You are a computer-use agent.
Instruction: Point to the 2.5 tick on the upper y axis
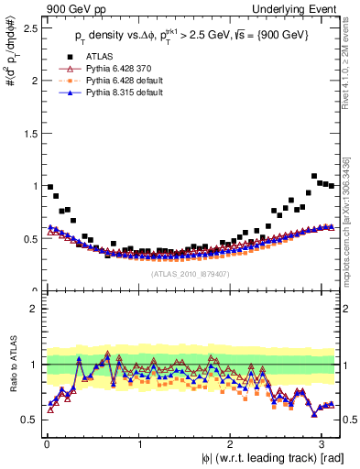[x=31, y=27]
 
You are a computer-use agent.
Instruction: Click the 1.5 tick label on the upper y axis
[x=31, y=133]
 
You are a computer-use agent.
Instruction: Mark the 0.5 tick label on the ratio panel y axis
[x=31, y=420]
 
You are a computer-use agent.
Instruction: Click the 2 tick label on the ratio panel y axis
[x=36, y=309]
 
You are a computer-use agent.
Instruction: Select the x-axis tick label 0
[x=46, y=445]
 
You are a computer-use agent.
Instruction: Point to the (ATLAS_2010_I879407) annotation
[x=191, y=273]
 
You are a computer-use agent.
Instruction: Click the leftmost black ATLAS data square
[x=49, y=187]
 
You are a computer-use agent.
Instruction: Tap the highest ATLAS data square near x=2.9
[x=314, y=176]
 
